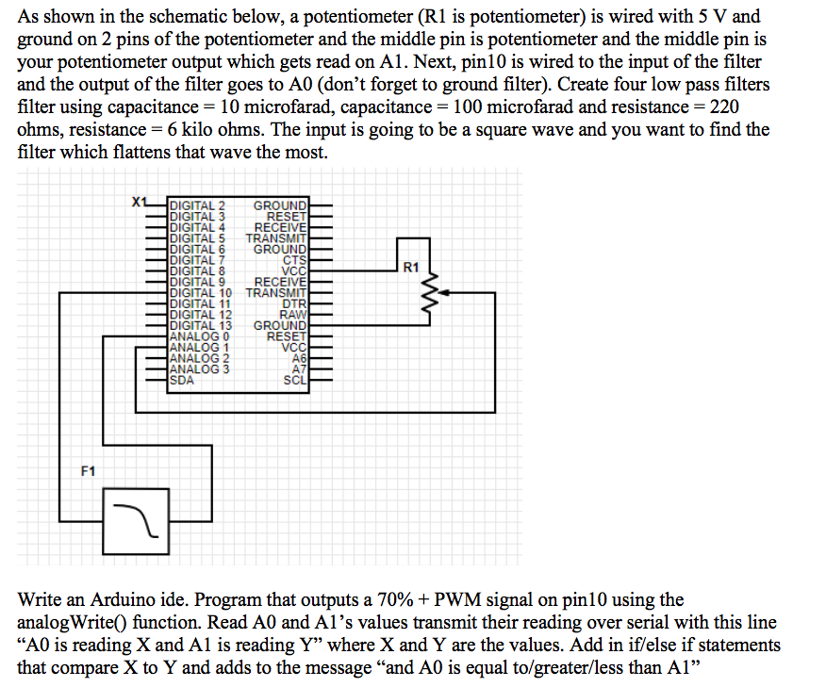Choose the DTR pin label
tap(295, 303)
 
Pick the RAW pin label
tap(294, 315)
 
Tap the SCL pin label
tap(295, 381)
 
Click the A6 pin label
tap(299, 359)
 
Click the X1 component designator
tap(140, 202)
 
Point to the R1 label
tap(410, 268)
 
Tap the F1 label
tap(88, 469)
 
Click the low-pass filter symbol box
tap(136, 521)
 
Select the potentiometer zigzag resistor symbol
tap(433, 293)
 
